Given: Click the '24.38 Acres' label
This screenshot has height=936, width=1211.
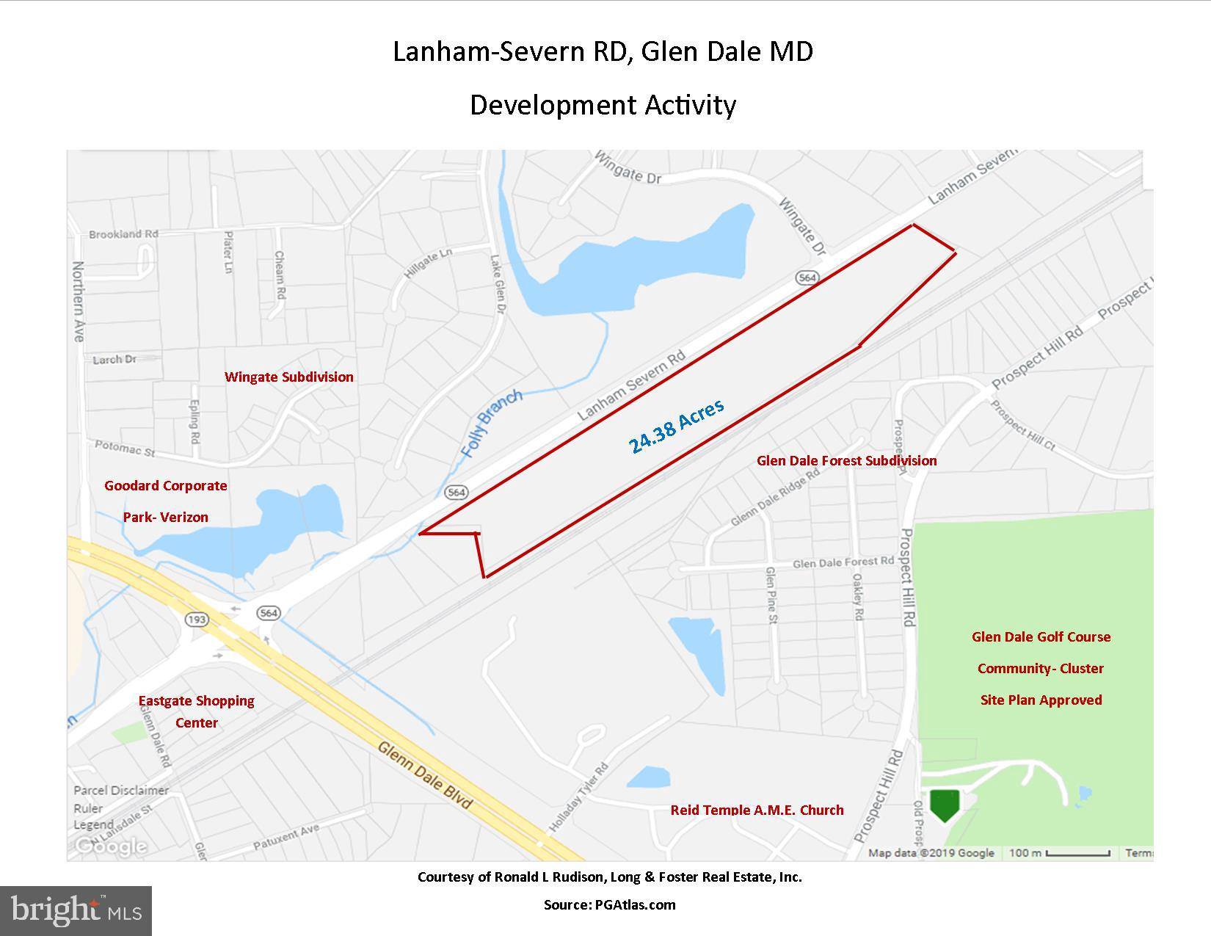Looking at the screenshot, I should pyautogui.click(x=676, y=426).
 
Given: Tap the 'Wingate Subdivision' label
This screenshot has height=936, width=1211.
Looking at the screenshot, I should pyautogui.click(x=289, y=377).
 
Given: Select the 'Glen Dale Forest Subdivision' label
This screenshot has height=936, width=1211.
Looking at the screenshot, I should pyautogui.click(x=846, y=460).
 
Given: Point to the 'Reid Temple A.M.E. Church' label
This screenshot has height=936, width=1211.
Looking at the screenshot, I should pyautogui.click(x=757, y=810).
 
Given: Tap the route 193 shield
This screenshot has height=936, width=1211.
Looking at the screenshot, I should pyautogui.click(x=197, y=620).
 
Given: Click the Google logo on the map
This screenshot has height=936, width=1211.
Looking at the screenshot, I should pyautogui.click(x=111, y=846).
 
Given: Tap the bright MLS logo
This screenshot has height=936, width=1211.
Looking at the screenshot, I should pyautogui.click(x=76, y=911).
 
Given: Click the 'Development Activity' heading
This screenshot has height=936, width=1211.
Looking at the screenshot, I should pyautogui.click(x=603, y=105).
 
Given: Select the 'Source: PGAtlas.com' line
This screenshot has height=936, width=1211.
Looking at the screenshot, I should pyautogui.click(x=609, y=904).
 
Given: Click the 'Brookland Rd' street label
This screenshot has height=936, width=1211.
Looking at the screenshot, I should pyautogui.click(x=123, y=234).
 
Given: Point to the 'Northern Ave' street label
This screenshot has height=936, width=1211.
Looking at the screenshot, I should pyautogui.click(x=79, y=301).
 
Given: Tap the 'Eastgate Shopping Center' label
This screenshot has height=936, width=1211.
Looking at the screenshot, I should pyautogui.click(x=197, y=711).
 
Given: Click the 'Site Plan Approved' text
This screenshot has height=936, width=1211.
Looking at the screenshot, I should pyautogui.click(x=1041, y=700).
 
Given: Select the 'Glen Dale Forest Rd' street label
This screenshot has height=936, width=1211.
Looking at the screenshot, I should pyautogui.click(x=843, y=562).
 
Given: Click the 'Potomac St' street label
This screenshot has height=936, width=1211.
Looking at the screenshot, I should pyautogui.click(x=125, y=448).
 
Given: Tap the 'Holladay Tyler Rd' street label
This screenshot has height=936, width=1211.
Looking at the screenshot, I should pyautogui.click(x=579, y=797).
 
